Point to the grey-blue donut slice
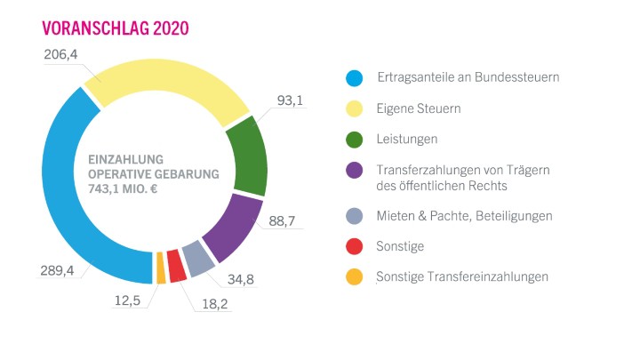click(x=198, y=258)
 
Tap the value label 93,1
click(x=291, y=100)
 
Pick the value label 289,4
click(x=57, y=270)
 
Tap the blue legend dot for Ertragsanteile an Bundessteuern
click(x=354, y=77)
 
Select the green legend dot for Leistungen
click(x=354, y=139)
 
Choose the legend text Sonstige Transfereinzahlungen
click(x=462, y=276)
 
